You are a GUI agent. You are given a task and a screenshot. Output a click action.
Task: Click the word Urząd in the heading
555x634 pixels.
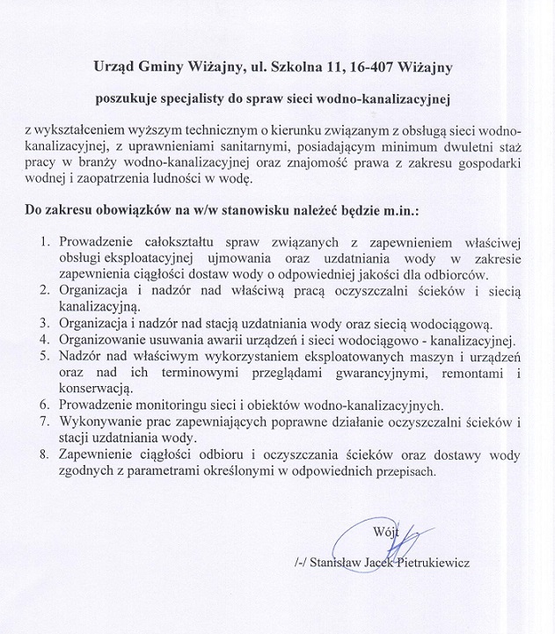click(x=118, y=65)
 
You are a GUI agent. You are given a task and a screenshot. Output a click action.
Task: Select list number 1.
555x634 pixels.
click(x=47, y=239)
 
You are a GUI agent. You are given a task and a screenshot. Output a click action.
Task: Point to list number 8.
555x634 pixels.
click(x=47, y=455)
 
